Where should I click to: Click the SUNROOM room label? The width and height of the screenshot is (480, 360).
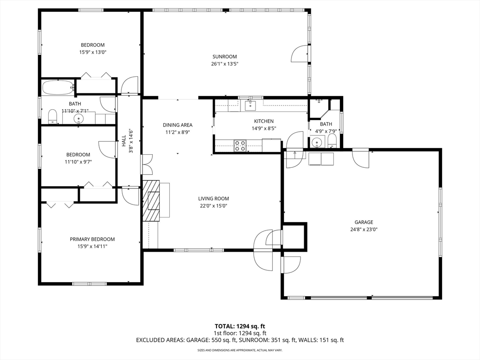coord(225,57)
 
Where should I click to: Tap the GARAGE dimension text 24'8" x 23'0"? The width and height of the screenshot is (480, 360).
coord(364,229)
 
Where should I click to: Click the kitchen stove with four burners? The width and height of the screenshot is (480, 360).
coord(240,145)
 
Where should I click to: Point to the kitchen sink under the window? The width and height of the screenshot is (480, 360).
coord(250,105)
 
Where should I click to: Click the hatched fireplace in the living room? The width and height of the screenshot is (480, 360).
coord(151,200)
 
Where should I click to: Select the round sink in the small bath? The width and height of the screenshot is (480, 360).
coord(316,142)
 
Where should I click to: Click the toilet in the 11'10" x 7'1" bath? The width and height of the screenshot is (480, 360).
coord(53,116)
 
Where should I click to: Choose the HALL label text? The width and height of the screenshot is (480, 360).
coord(124,141)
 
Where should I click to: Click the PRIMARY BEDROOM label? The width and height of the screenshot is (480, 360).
coord(92,239)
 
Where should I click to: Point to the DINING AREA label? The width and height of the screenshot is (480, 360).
coord(178,125)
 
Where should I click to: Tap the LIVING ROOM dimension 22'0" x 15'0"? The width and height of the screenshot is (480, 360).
coord(213,206)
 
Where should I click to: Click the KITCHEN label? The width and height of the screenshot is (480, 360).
coord(264,121)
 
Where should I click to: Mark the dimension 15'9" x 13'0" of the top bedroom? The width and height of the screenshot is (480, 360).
coord(93,52)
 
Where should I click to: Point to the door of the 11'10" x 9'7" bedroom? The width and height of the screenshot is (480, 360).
coord(107,149)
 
